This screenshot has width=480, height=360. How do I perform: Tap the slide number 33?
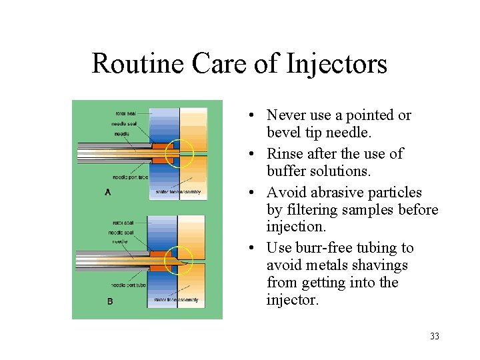coord(435,337)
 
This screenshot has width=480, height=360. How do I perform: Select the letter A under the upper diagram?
coord(107,192)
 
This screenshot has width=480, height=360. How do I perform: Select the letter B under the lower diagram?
coord(109,301)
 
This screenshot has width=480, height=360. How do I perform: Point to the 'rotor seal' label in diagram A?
coord(125,113)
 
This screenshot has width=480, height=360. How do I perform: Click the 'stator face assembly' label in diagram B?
coord(176,300)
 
